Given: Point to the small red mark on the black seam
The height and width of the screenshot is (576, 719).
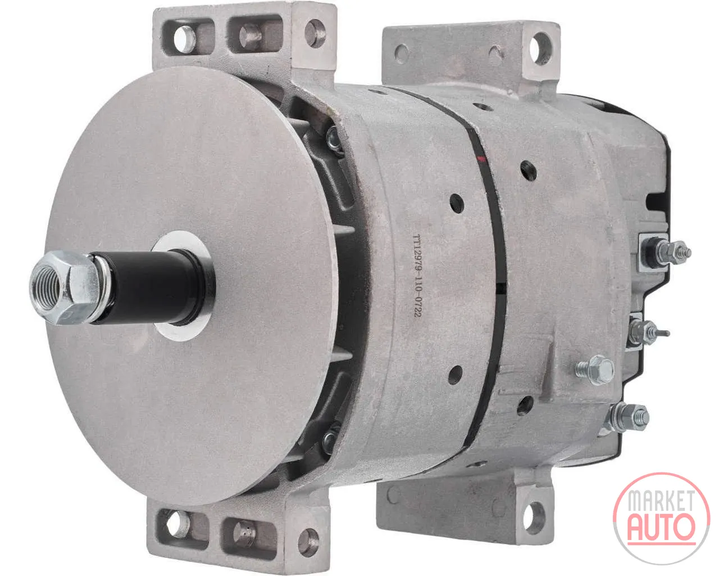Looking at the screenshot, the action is point(481,159).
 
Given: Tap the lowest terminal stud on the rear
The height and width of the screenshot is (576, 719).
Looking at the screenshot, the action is point(627,417).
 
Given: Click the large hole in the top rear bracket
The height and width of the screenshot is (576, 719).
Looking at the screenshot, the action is point(540,48).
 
